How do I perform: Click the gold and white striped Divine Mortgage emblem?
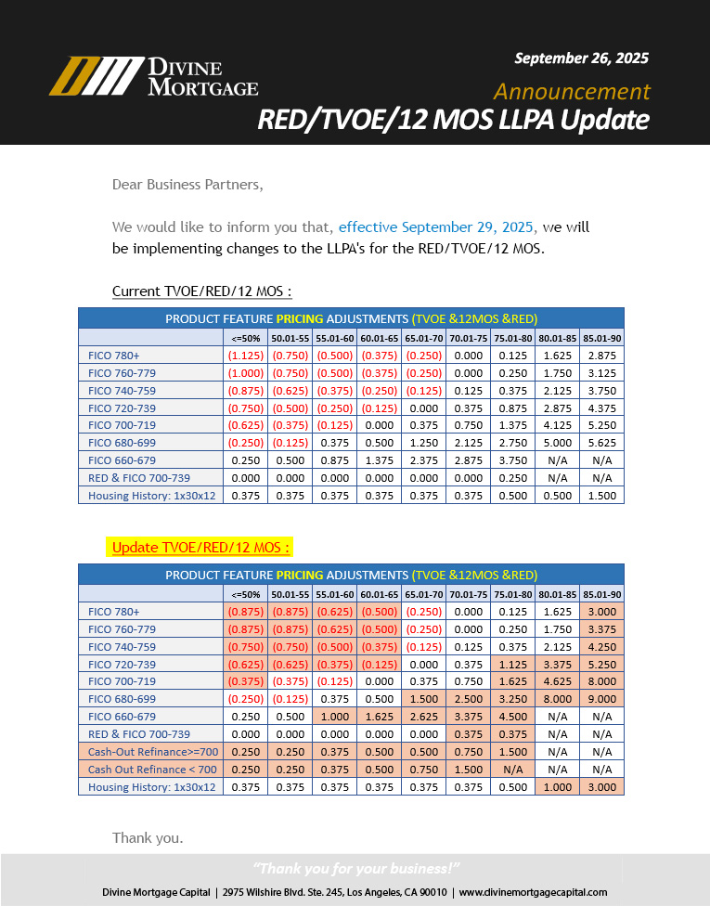click(x=96, y=76)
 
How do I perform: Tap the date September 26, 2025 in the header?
click(x=581, y=58)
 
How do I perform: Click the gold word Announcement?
click(x=572, y=91)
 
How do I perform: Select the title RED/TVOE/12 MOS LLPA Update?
click(x=453, y=121)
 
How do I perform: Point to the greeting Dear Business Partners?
click(x=187, y=184)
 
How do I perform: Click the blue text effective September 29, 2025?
click(x=436, y=227)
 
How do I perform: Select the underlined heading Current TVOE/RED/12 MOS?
click(x=201, y=291)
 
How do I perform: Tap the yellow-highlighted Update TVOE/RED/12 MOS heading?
click(x=200, y=547)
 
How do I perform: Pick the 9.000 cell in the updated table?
click(x=601, y=699)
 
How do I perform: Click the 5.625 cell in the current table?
click(x=601, y=443)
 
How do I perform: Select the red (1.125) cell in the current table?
click(x=245, y=355)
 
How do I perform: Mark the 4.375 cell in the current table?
click(x=601, y=408)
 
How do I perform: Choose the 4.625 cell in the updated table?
click(x=557, y=681)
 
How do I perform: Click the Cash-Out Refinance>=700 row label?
click(x=152, y=752)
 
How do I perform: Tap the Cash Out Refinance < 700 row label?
click(x=152, y=770)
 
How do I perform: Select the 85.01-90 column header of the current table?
click(x=601, y=338)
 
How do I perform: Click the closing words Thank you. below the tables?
click(x=148, y=837)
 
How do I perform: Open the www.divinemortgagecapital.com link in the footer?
click(x=533, y=892)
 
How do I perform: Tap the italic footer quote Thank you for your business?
click(x=356, y=869)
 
